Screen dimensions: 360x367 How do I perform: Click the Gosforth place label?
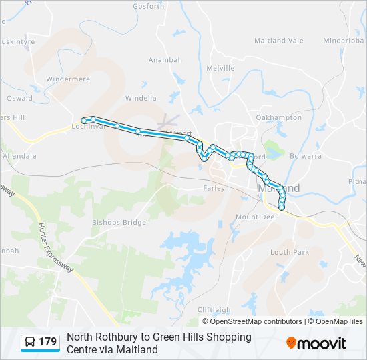click(x=148, y=7)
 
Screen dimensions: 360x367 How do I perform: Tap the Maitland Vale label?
click(x=278, y=41)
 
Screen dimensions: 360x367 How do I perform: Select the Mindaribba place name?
click(x=343, y=41)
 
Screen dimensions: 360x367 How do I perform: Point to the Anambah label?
click(x=165, y=60)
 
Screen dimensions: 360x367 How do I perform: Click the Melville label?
click(x=220, y=68)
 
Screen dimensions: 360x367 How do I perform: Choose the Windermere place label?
click(x=68, y=79)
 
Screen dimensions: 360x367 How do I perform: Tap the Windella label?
click(x=141, y=99)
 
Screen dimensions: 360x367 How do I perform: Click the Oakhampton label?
click(x=279, y=118)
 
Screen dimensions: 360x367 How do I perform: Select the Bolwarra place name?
click(x=306, y=156)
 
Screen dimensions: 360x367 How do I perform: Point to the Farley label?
click(x=213, y=189)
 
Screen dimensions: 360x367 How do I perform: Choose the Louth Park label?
click(x=290, y=253)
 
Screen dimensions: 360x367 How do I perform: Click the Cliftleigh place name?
click(x=214, y=310)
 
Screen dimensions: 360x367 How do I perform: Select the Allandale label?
click(x=20, y=156)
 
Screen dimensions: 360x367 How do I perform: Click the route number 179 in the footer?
click(x=48, y=342)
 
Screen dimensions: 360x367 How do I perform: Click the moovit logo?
click(x=316, y=343)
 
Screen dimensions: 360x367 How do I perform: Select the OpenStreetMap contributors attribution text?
click(x=256, y=321)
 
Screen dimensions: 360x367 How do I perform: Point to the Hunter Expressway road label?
click(x=56, y=247)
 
